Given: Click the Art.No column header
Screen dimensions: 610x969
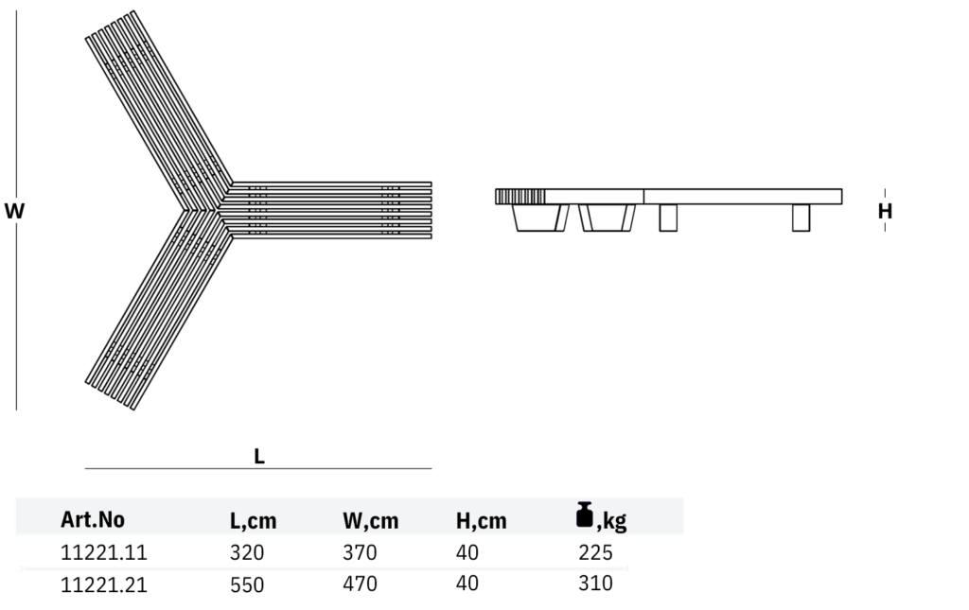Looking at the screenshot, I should (x=93, y=519).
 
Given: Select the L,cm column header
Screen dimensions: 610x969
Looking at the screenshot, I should (x=254, y=520).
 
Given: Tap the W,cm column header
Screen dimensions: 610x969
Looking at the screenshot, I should (x=370, y=520).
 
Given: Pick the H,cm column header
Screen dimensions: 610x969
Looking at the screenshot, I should (x=481, y=520).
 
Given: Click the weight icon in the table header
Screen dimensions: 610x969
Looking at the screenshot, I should (x=585, y=514).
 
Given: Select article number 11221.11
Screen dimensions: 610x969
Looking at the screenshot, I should (x=104, y=552).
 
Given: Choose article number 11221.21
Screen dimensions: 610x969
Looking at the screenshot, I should (x=104, y=584).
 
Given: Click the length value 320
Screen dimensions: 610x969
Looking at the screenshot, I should (x=247, y=552).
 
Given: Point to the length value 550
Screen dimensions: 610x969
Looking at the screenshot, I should (x=247, y=584).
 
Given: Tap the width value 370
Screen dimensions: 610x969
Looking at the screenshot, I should (x=360, y=552).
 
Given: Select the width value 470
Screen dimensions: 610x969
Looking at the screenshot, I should (x=360, y=584).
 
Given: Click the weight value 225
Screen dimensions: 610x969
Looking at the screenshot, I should (x=595, y=552).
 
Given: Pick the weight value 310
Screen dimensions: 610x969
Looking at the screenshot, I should (x=595, y=584).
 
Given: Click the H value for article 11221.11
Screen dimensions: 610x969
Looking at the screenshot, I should (x=467, y=552).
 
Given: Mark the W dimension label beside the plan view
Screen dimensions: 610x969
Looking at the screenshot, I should (x=14, y=211).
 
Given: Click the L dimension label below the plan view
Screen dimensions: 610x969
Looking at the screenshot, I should (x=258, y=456).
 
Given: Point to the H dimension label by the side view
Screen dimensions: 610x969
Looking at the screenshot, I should (x=885, y=211).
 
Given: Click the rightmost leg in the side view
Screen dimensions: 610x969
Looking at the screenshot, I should (x=801, y=218).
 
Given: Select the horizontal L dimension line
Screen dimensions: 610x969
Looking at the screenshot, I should (x=257, y=468).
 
